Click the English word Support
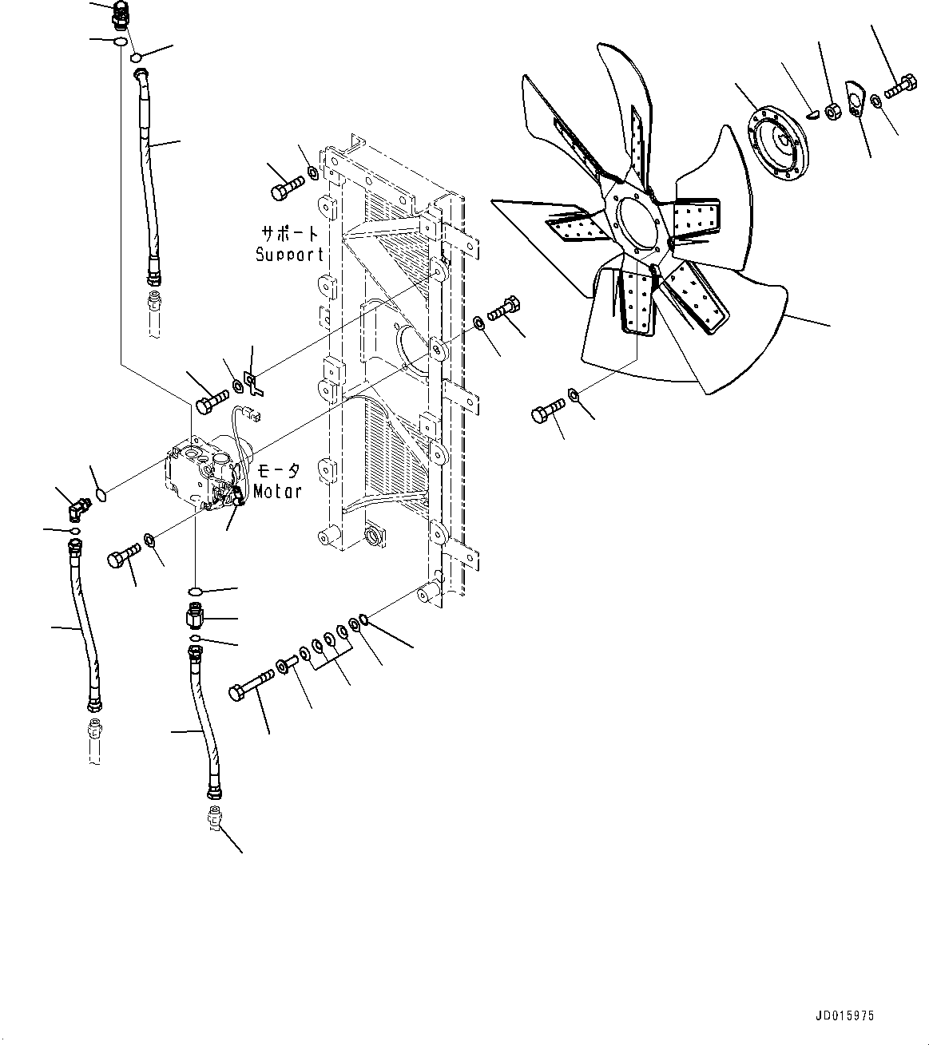[x=289, y=255]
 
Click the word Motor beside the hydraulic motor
[x=277, y=492]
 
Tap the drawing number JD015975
[x=844, y=1016]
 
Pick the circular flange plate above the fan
[x=776, y=145]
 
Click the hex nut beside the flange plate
[x=830, y=113]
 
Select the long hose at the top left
[x=149, y=176]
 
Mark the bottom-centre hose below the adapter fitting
[x=203, y=722]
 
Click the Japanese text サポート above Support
[x=289, y=234]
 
